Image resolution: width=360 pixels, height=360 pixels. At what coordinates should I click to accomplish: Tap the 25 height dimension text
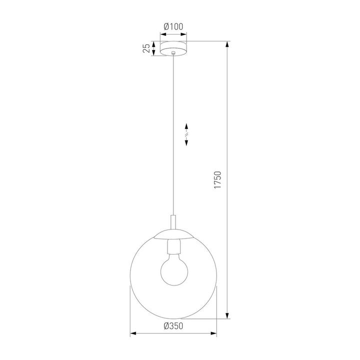pyautogui.click(x=145, y=48)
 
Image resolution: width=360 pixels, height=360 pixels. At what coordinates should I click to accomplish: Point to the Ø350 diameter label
pyautogui.click(x=172, y=325)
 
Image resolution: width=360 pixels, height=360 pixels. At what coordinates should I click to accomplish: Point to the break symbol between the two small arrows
pyautogui.click(x=186, y=134)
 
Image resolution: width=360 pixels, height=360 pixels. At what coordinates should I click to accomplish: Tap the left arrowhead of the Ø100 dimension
pyautogui.click(x=162, y=34)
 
